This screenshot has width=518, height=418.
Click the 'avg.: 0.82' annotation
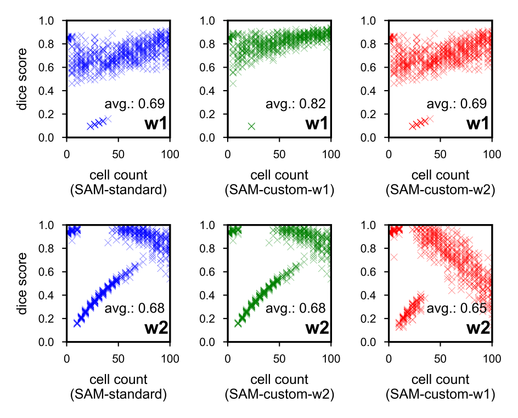point(296,103)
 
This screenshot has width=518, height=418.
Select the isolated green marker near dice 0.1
point(252,126)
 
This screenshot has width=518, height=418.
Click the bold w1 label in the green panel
point(317,124)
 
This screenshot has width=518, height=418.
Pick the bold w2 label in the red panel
point(478,328)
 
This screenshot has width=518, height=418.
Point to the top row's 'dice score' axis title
point(22,79)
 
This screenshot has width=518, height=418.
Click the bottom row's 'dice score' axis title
point(22,284)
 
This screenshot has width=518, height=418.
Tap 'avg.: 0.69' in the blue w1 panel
point(134,103)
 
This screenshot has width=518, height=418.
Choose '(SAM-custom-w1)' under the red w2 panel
point(440,394)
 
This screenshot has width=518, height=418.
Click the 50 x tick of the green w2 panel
point(279,359)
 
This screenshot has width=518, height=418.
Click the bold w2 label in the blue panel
point(156,328)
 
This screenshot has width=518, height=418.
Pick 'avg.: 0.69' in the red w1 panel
point(457,103)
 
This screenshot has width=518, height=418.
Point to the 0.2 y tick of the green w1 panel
point(215,114)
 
